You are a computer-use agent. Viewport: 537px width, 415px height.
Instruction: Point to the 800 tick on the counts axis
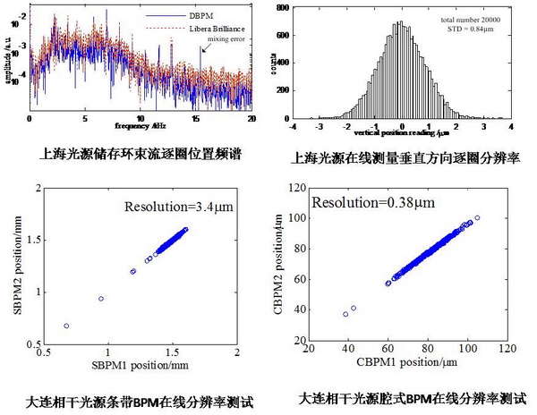pos(282,7)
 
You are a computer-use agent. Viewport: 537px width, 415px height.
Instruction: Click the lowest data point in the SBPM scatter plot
pos(67,326)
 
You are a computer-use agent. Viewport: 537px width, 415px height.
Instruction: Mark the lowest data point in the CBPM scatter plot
pos(345,314)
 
